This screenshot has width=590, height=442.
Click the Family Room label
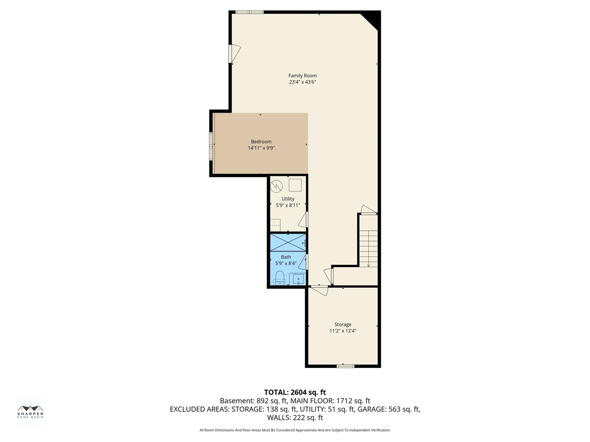(x=302, y=76)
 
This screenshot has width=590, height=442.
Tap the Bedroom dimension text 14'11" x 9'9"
(x=261, y=148)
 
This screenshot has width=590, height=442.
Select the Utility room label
(x=288, y=198)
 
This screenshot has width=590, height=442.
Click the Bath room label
(x=286, y=257)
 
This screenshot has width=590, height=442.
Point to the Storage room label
(x=343, y=325)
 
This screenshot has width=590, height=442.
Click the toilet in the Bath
(x=280, y=278)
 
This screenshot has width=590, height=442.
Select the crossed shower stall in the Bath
(x=288, y=243)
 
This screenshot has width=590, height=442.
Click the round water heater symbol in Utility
(x=276, y=186)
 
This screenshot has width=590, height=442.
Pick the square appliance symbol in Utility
(x=295, y=185)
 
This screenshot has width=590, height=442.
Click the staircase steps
(x=368, y=248)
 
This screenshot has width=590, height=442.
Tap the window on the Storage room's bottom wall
(x=345, y=366)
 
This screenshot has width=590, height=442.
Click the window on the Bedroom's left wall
(x=211, y=146)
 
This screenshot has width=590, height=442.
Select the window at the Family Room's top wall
(x=249, y=12)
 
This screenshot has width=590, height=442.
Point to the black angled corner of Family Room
(x=372, y=19)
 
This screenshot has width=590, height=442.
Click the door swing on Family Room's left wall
(x=235, y=53)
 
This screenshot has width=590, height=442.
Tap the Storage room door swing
(x=319, y=291)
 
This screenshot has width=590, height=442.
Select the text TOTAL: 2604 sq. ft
(x=295, y=392)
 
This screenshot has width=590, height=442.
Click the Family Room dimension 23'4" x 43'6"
(x=302, y=82)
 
